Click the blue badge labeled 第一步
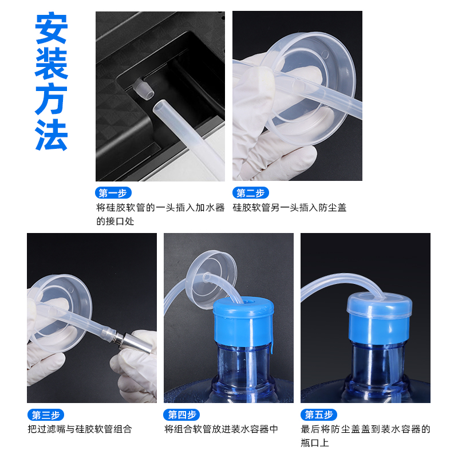coord(113,193)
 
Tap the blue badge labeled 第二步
coord(250,193)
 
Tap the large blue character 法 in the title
coord(52,135)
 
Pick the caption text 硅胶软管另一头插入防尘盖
coord(289,208)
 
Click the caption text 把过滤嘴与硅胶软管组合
coord(80,429)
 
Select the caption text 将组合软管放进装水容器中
coord(221,429)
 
